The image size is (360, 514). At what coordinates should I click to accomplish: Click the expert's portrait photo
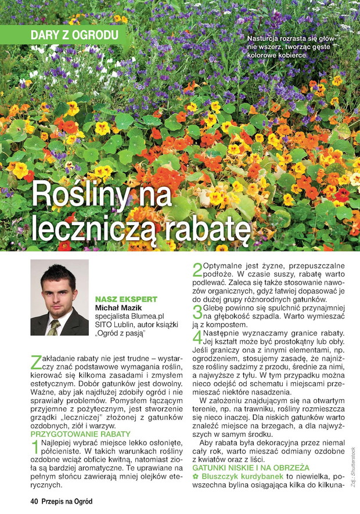point(59,298)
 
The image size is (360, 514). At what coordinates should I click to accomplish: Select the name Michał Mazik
point(118,308)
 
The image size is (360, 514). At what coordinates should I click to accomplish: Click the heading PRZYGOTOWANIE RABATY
point(80,433)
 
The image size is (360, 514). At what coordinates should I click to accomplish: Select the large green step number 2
point(197,270)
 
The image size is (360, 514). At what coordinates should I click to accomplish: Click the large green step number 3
point(197,312)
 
